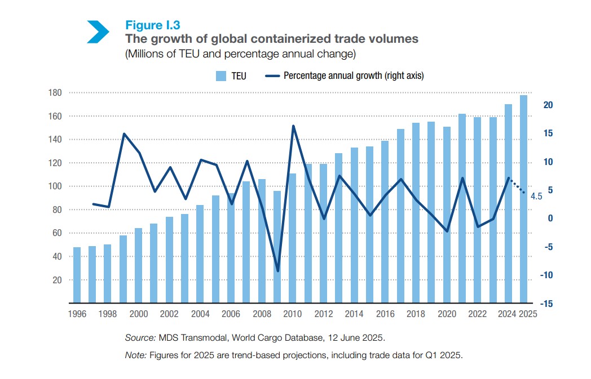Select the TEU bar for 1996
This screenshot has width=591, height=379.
[77, 275]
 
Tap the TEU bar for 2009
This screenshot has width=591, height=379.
[277, 247]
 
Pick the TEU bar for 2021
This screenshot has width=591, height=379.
[462, 209]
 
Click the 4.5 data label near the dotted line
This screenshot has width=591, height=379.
[536, 197]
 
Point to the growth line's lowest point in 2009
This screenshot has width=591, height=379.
[277, 271]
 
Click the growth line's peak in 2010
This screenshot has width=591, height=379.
[293, 126]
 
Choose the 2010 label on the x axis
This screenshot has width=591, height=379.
[292, 314]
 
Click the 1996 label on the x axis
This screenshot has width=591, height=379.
[77, 314]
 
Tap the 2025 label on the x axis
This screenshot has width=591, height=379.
[528, 314]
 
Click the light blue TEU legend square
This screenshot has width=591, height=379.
[221, 75]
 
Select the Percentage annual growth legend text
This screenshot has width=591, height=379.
[354, 75]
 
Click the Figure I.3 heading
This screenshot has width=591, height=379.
[152, 25]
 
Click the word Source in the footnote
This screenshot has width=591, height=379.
[139, 338]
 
